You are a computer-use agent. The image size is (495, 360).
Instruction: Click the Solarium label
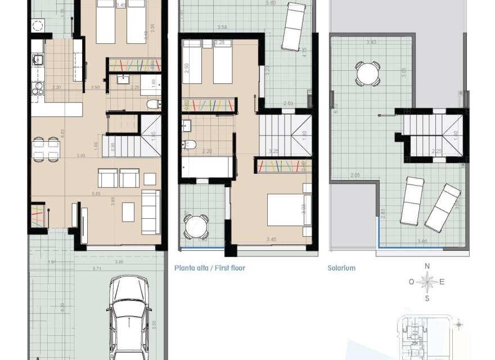click(341, 268)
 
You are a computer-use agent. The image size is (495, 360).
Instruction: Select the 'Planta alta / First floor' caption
click(210, 268)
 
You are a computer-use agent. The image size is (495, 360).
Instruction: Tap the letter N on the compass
click(427, 267)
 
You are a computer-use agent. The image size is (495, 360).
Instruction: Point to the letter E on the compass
click(442, 282)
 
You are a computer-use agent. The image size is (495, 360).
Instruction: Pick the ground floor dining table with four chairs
click(46, 150)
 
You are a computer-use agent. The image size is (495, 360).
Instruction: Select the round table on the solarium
click(367, 74)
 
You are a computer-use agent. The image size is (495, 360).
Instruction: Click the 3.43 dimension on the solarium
click(371, 42)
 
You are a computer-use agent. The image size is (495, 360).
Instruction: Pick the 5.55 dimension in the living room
click(95, 193)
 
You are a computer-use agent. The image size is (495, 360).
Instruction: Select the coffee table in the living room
click(129, 211)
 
